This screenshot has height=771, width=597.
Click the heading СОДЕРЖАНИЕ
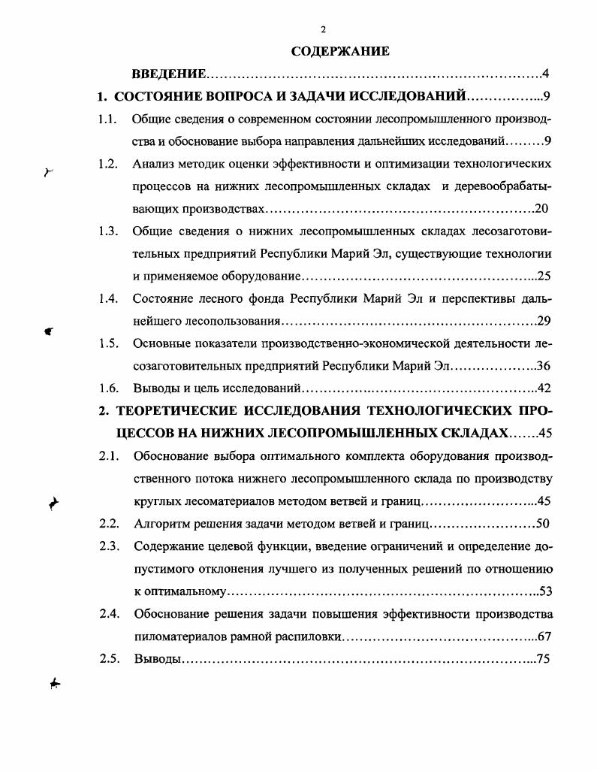coord(340,52)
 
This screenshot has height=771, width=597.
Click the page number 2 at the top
coord(323,30)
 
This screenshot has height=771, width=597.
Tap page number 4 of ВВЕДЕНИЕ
coord(546,74)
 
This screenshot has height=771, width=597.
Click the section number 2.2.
coord(109,523)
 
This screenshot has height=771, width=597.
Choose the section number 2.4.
coord(110,613)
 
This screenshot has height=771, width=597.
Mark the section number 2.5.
coord(110,658)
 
